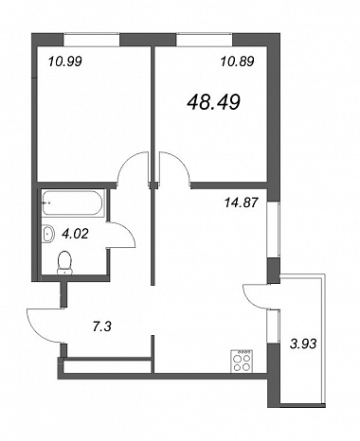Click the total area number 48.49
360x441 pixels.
[x=214, y=102]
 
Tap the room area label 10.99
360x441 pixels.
[x=65, y=62]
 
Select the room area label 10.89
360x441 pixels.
[x=237, y=61]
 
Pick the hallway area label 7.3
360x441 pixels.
[x=102, y=327]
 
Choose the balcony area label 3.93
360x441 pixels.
[x=303, y=344]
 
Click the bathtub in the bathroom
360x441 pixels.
[x=73, y=203]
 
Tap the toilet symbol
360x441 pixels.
[x=64, y=262]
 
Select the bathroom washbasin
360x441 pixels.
[x=48, y=234]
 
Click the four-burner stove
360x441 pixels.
[x=243, y=361]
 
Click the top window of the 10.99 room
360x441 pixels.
[x=92, y=40]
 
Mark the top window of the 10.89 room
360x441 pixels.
[x=205, y=40]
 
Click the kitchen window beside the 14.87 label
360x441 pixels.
[x=274, y=230]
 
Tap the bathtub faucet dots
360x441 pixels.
[x=46, y=203]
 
